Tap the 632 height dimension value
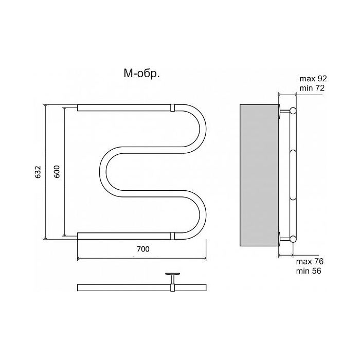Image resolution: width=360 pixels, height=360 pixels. point(38,172)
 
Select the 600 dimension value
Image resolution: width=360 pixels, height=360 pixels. point(57,171)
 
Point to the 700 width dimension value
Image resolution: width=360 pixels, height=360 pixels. point(143,249)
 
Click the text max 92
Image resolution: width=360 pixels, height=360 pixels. point(313,79)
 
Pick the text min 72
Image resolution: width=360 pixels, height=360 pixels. point(312,88)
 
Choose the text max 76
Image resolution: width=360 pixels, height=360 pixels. point(310,261)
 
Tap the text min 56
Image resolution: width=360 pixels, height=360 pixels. point(309,271)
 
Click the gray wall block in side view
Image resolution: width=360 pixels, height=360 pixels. point(259,175)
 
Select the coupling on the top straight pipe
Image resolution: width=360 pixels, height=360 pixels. point(173,107)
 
